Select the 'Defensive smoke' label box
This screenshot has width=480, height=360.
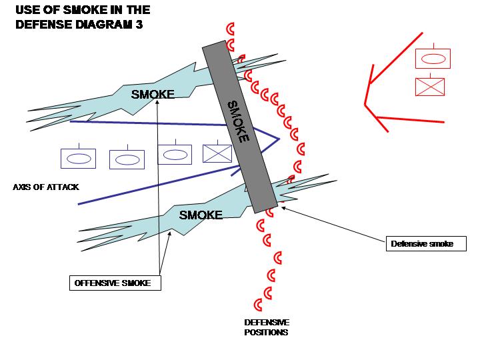pyautogui.click(x=426, y=244)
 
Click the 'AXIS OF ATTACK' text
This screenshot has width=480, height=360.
pyautogui.click(x=46, y=187)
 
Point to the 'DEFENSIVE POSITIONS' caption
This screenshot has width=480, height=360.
pyautogui.click(x=267, y=327)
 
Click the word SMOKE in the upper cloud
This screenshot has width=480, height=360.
pyautogui.click(x=153, y=94)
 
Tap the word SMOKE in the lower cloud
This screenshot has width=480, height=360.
pyautogui.click(x=201, y=215)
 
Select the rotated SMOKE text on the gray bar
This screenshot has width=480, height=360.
pyautogui.click(x=239, y=121)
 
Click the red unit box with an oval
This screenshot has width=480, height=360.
pyautogui.click(x=433, y=58)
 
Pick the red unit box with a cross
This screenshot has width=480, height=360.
pyautogui.click(x=430, y=87)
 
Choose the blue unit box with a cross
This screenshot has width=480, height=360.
pyautogui.click(x=217, y=153)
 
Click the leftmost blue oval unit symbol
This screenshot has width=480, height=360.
pyautogui.click(x=78, y=158)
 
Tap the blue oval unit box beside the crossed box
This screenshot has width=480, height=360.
pyautogui.click(x=175, y=154)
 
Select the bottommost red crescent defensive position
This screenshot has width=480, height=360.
pyautogui.click(x=267, y=293)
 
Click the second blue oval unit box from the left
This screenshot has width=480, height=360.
pyautogui.click(x=127, y=159)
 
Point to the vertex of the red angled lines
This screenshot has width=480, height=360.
pyautogui.click(x=365, y=103)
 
